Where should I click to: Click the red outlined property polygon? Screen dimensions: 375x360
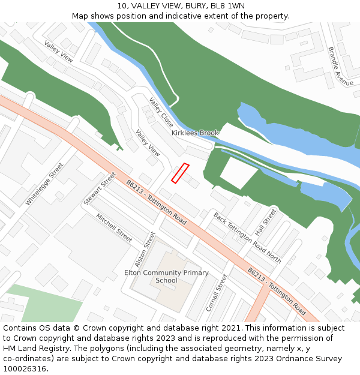tap(180, 173)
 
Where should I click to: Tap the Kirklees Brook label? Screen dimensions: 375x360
tap(195, 133)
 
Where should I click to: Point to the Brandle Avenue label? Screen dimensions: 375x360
tap(340, 66)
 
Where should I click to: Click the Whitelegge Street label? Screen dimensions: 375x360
tap(44, 184)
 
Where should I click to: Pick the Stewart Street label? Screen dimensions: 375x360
tap(100, 188)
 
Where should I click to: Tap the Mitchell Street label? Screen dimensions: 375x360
tap(114, 228)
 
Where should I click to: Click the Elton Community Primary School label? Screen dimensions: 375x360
tap(166, 277)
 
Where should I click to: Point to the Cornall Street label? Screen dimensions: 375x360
tap(217, 293)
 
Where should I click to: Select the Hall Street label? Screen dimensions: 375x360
tap(265, 222)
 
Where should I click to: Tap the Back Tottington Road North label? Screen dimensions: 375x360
tap(247, 238)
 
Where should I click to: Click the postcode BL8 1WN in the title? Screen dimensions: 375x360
tap(227, 6)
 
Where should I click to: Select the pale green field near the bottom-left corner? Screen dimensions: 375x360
tap(48, 303)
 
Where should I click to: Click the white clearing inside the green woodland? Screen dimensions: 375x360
tap(238, 172)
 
